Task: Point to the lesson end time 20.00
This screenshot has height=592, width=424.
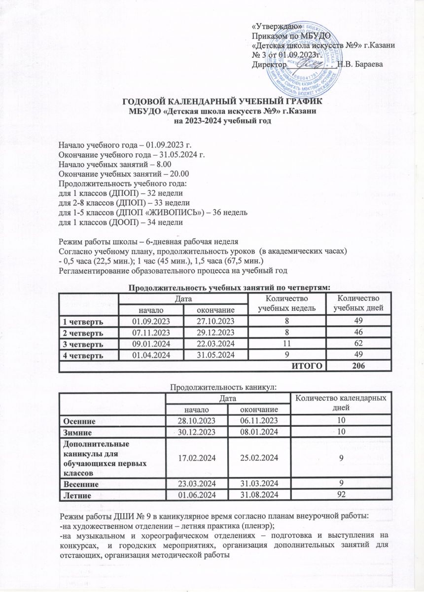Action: pyautogui.click(x=180, y=174)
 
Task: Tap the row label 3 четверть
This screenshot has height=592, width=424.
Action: pyautogui.click(x=82, y=344)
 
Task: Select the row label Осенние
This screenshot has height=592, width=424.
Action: pyautogui.click(x=78, y=420)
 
